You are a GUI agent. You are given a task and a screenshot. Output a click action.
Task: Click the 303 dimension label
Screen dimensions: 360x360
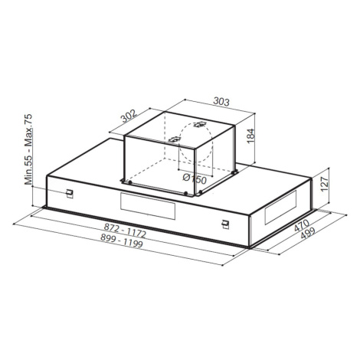221,101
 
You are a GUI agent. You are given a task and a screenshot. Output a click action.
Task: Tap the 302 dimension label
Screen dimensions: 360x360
129,116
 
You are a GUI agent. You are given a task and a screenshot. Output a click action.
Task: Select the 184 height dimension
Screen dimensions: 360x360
251,136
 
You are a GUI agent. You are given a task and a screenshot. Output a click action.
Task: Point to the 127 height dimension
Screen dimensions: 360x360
323,184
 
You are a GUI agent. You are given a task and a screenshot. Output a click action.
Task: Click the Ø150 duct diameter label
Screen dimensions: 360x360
195,178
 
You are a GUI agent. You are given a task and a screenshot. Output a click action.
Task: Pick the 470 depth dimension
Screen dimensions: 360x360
301,225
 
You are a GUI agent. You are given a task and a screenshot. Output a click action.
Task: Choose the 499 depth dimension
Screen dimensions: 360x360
308,233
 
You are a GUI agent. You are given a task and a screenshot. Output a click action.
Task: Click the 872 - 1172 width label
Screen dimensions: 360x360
125,230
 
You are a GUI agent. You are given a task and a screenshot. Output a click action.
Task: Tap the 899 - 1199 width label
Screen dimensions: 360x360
121,241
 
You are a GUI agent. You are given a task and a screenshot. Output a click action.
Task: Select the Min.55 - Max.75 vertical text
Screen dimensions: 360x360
28,149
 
